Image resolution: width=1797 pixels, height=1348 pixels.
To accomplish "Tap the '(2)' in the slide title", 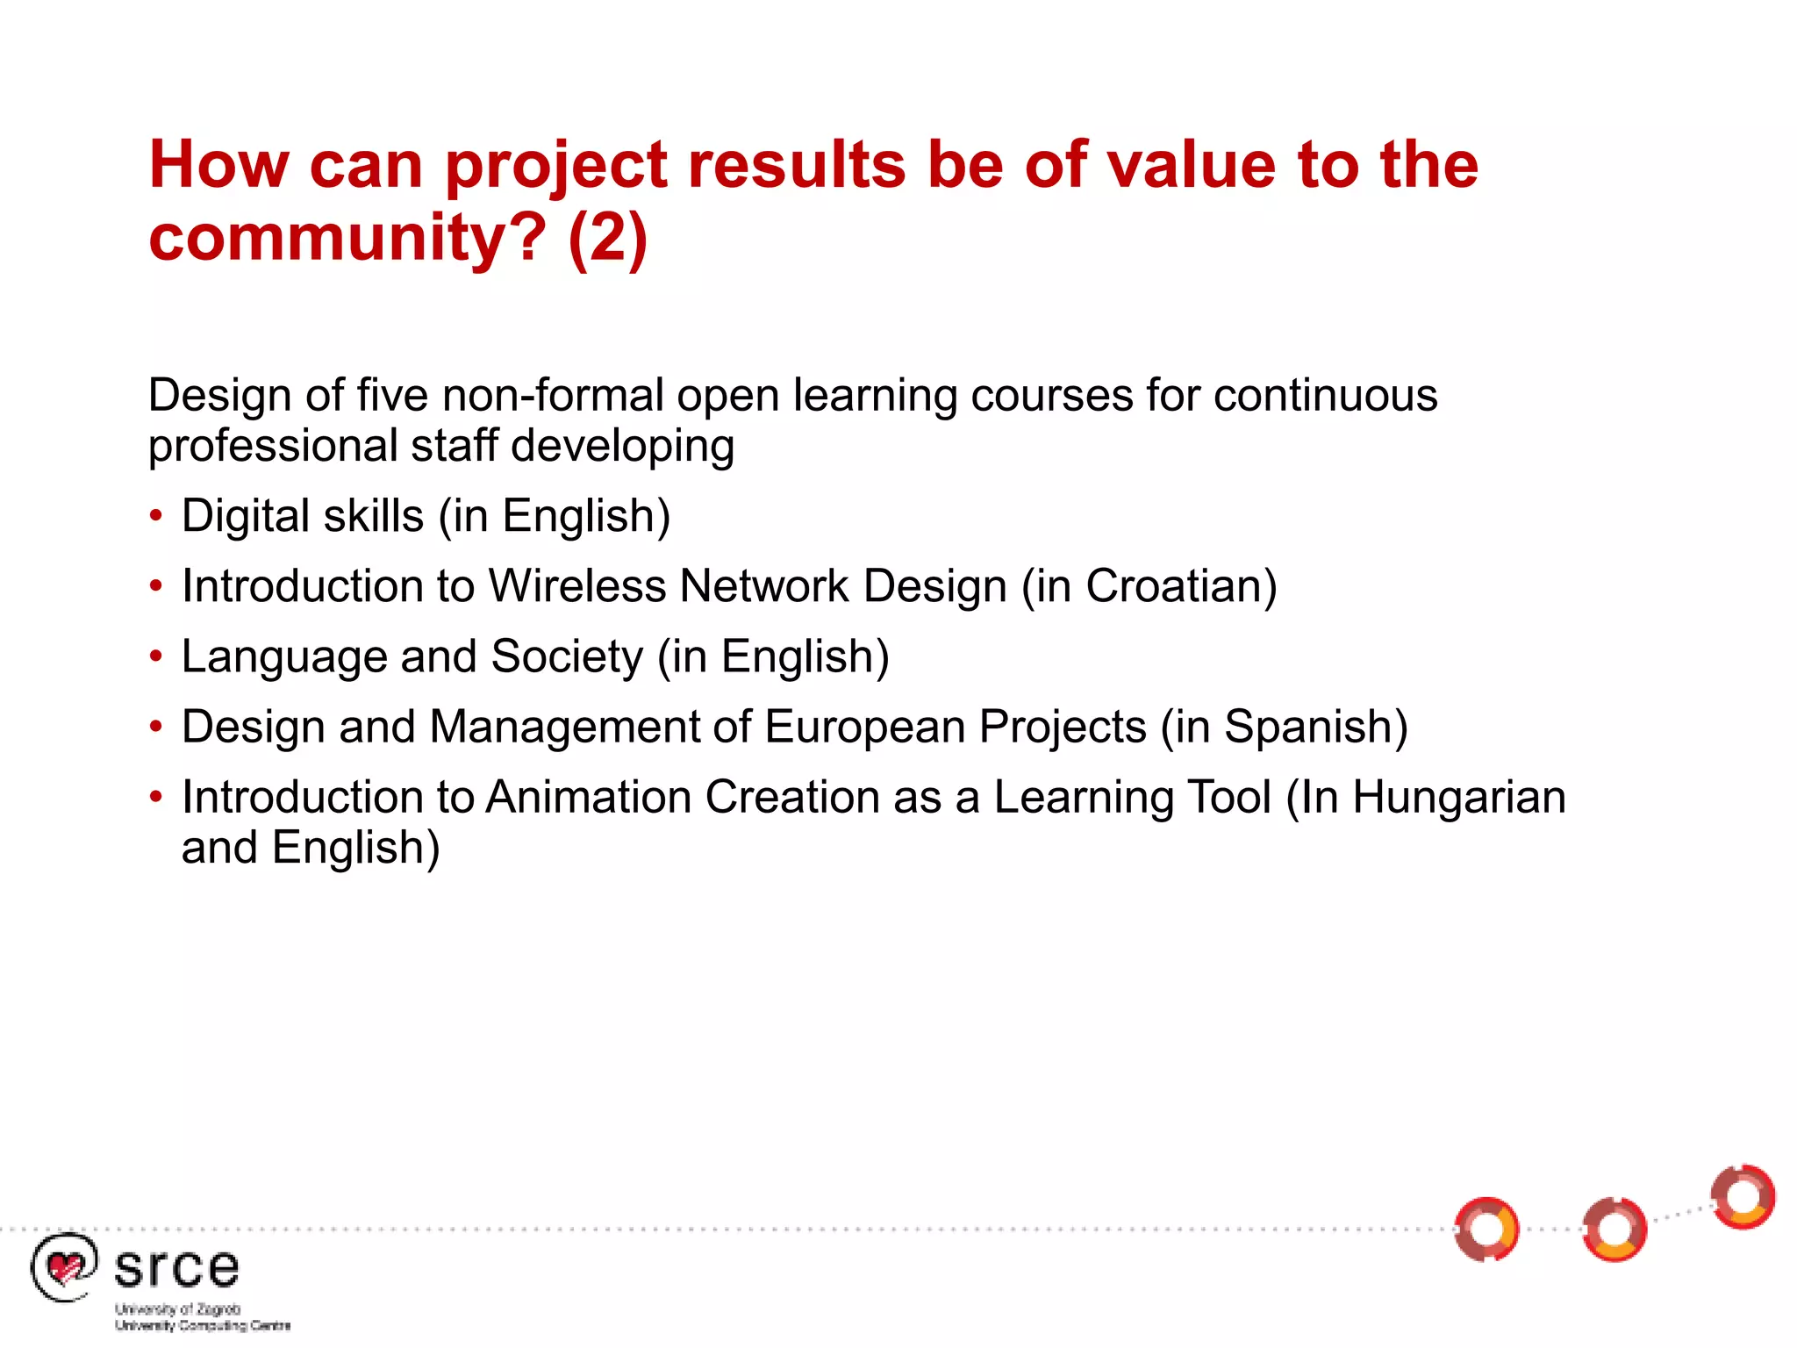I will point(607,239).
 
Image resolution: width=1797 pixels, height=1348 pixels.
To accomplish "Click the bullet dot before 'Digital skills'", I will point(156,516).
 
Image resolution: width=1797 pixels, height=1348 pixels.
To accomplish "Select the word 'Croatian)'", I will point(1181,586).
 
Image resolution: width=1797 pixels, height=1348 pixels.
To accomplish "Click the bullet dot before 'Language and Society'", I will point(156,656).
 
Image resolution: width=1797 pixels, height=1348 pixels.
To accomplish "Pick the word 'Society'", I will point(567,656).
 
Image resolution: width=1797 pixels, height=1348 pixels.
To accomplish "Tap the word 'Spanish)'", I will point(1315,727).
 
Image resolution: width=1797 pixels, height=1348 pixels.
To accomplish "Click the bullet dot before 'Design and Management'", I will point(156,727).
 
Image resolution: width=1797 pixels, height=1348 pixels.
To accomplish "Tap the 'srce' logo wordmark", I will point(176,1269).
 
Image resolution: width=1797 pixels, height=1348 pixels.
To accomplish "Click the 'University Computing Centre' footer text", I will point(203,1325).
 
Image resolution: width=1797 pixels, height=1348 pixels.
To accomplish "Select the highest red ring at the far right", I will point(1743,1197).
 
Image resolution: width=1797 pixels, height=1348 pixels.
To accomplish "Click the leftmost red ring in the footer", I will point(1486,1229).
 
